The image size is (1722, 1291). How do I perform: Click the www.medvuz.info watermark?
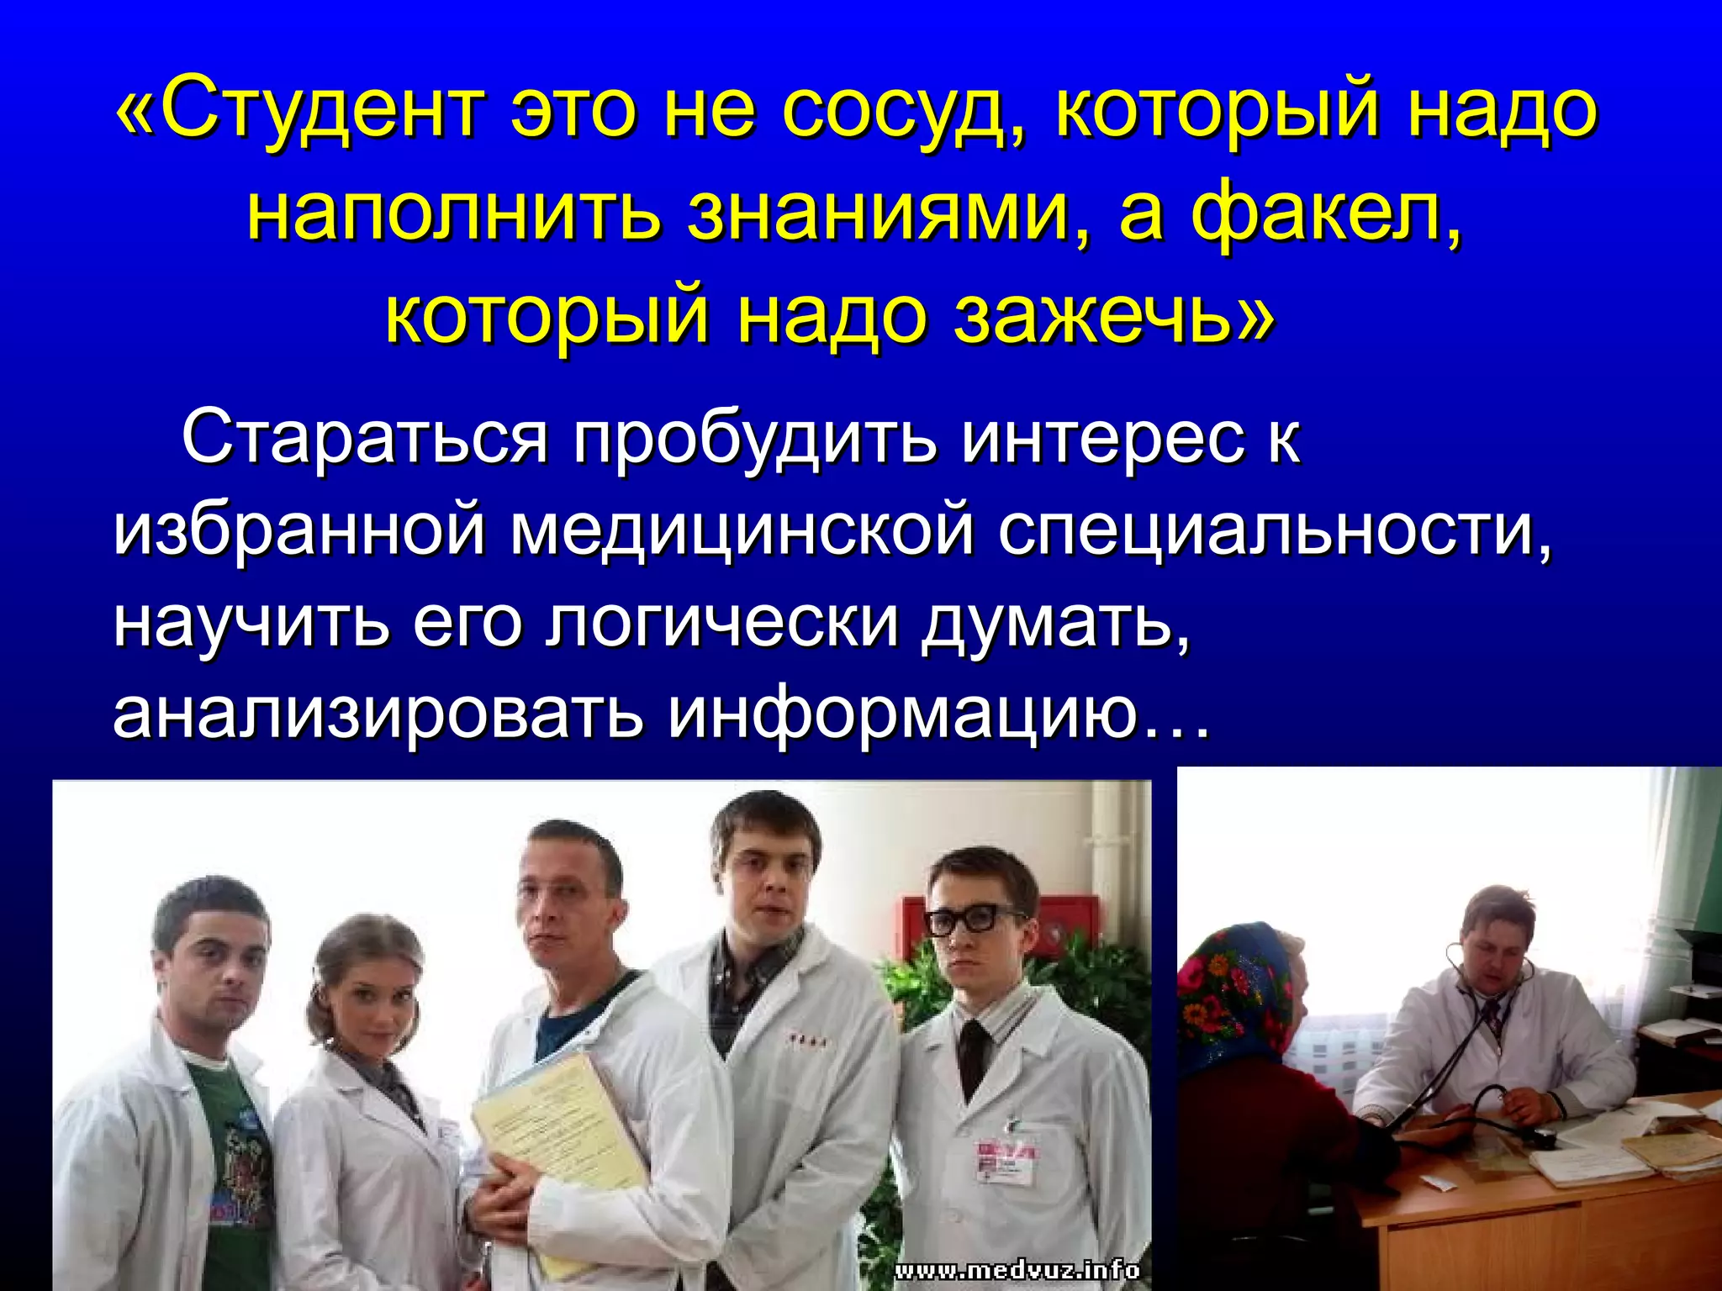[1017, 1269]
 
